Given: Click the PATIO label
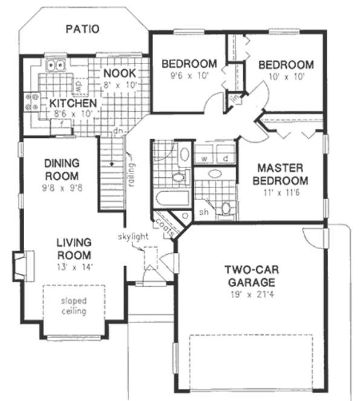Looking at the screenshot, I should pyautogui.click(x=82, y=28).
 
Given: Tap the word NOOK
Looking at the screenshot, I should pyautogui.click(x=119, y=73).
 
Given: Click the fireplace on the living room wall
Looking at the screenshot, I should pyautogui.click(x=19, y=264).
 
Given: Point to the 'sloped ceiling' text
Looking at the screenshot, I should pyautogui.click(x=73, y=307).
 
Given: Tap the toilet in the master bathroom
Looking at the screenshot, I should pyautogui.click(x=226, y=209).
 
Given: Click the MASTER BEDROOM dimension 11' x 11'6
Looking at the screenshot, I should pyautogui.click(x=283, y=193).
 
